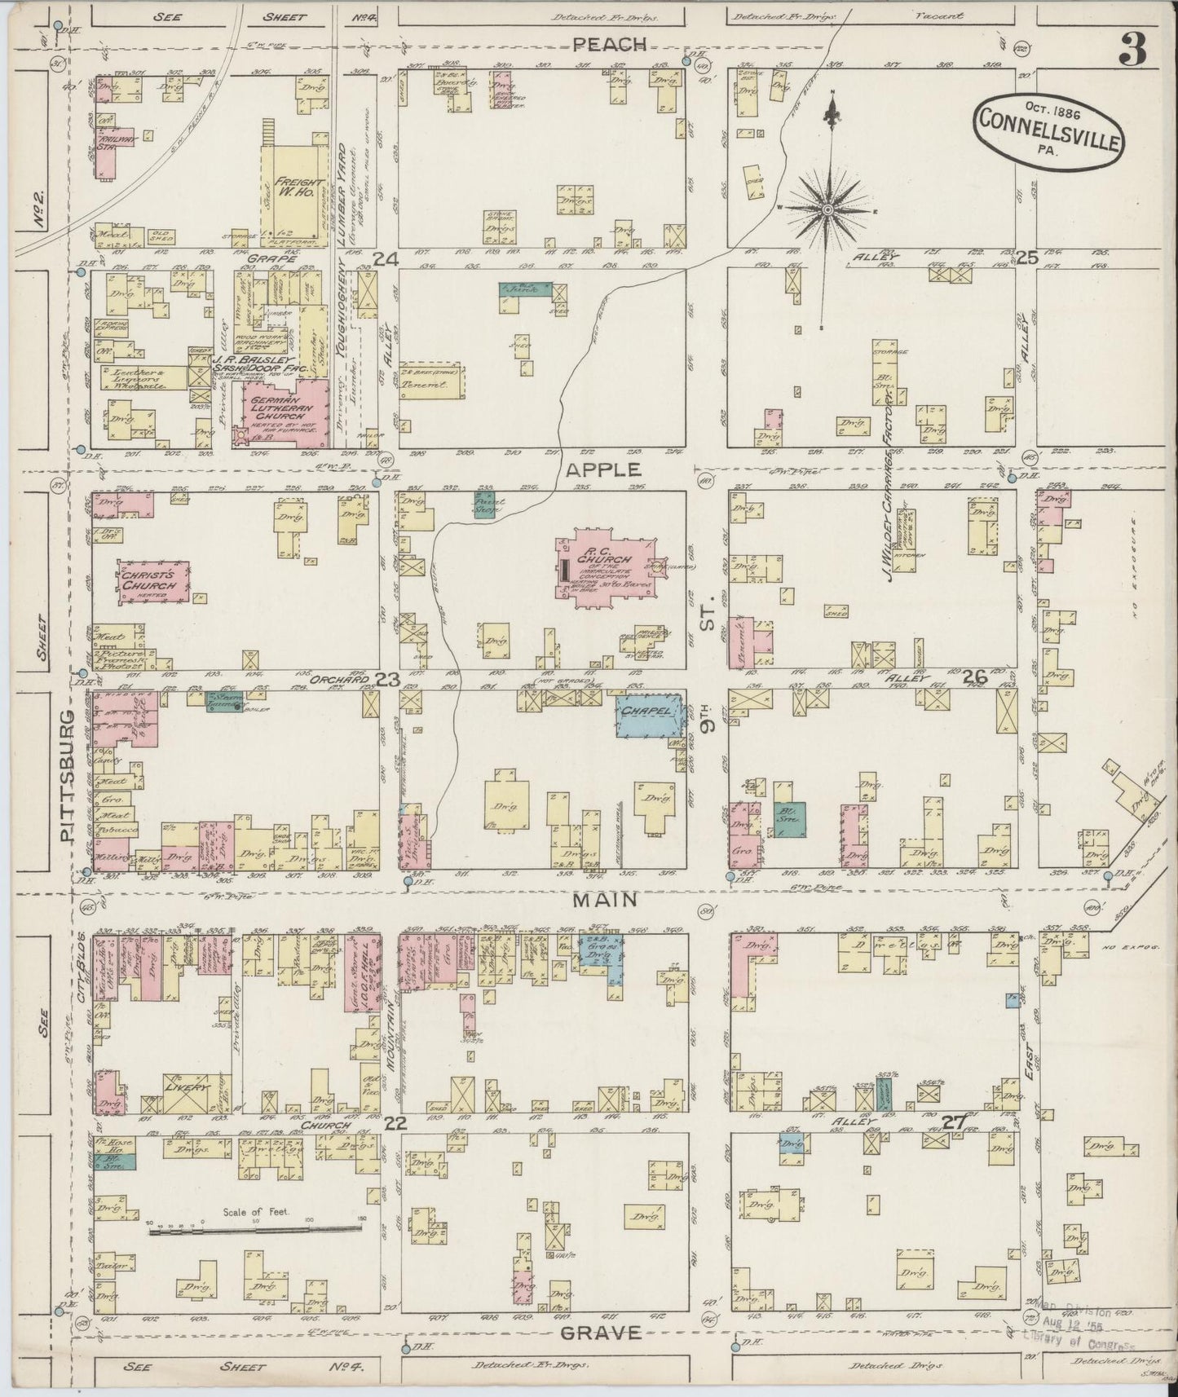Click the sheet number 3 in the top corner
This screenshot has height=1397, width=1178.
tap(1132, 50)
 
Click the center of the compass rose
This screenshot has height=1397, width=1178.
tap(827, 209)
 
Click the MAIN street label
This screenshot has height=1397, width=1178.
tap(605, 900)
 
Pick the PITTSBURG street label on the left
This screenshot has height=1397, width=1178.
tap(70, 774)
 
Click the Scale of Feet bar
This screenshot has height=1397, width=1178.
tap(256, 1232)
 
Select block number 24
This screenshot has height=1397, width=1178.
tap(386, 259)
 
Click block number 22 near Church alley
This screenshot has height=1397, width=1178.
tap(395, 1123)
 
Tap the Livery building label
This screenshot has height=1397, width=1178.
tap(186, 1088)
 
